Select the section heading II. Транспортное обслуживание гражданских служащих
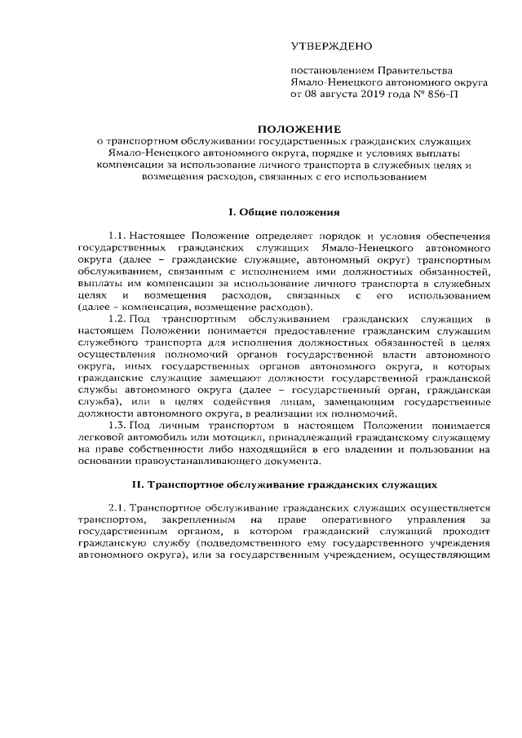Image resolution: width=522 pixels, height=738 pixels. point(284,484)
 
